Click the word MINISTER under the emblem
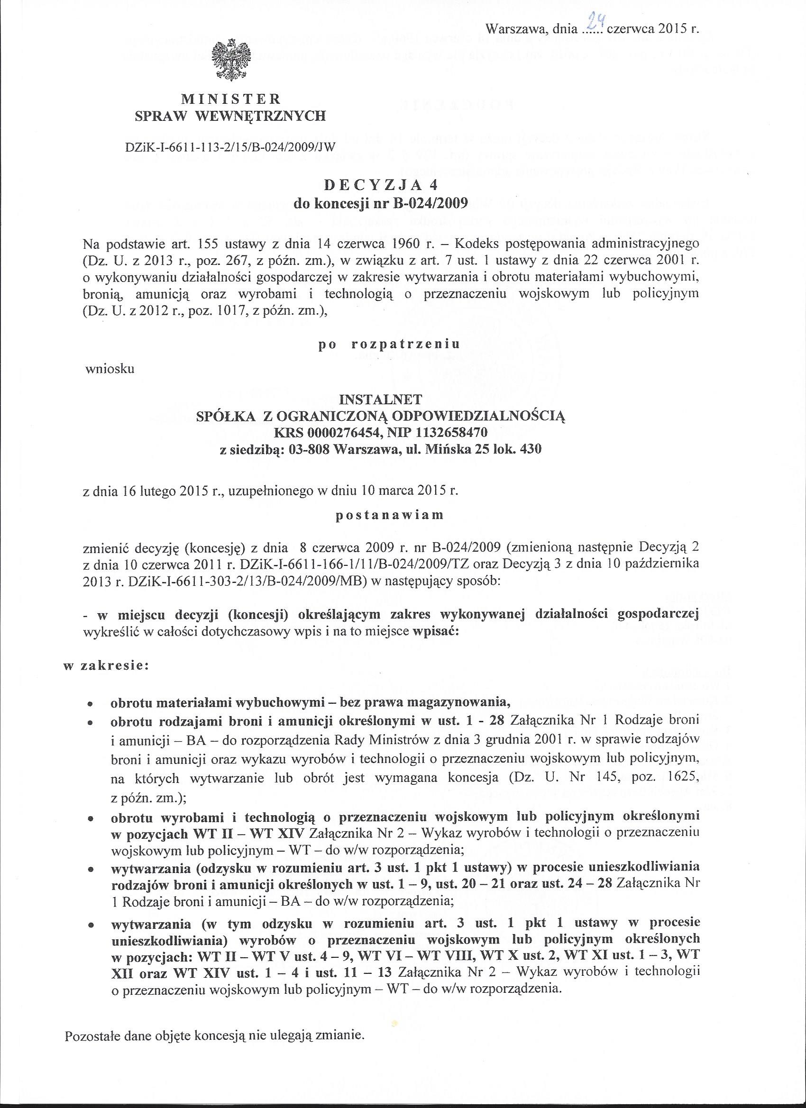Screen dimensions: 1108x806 click(x=231, y=100)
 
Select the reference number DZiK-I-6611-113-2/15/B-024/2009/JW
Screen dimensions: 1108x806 click(x=231, y=147)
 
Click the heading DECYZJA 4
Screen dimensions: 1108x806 click(x=381, y=186)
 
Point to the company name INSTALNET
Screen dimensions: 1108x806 click(x=380, y=400)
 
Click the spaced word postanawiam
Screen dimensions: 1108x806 click(x=390, y=515)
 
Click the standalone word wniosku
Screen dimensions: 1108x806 click(x=110, y=368)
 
